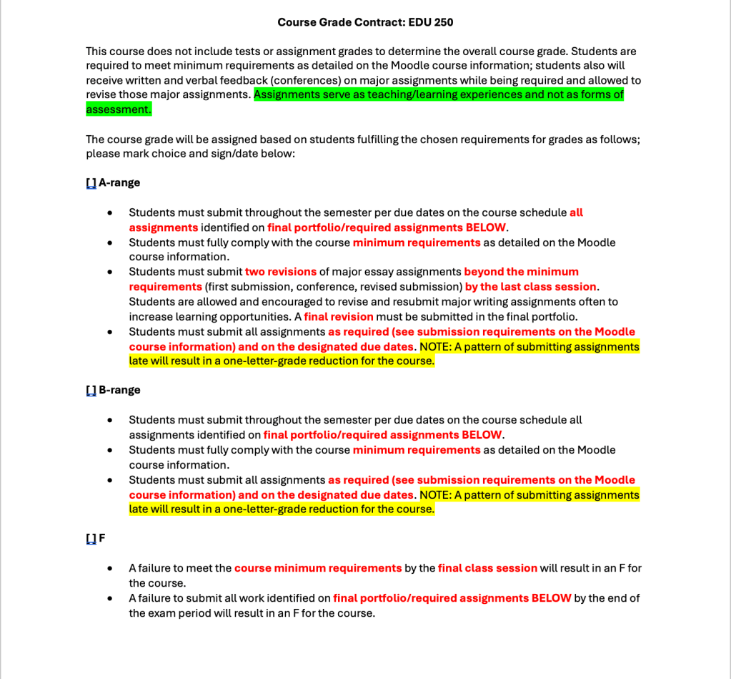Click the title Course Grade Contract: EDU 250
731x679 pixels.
(365, 22)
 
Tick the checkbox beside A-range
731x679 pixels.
(91, 183)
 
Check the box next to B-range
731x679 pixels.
(91, 391)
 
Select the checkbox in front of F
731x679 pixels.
(91, 539)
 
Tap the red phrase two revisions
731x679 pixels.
(281, 272)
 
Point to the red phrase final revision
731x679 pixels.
(339, 317)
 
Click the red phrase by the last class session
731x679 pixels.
(530, 287)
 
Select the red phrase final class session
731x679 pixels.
(487, 568)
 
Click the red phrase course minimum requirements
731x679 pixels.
(318, 568)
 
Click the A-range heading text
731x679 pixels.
(119, 183)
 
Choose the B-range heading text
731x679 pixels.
(119, 391)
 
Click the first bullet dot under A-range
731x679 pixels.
(109, 213)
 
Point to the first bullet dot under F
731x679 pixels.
(109, 569)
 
